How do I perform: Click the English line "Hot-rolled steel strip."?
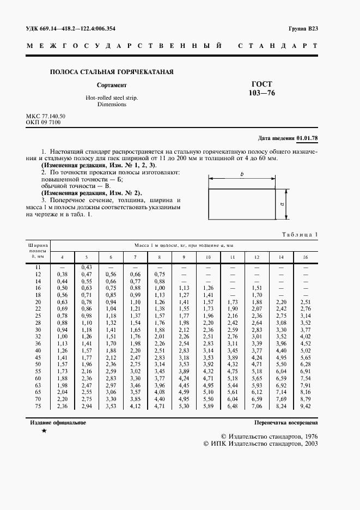click(x=112, y=98)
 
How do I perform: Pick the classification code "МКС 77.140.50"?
click(x=46, y=117)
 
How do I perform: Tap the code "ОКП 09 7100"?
click(x=44, y=123)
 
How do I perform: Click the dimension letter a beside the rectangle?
click(x=284, y=204)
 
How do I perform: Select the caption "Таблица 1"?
click(x=299, y=234)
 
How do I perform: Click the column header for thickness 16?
click(x=306, y=257)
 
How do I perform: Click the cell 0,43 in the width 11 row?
click(x=86, y=266)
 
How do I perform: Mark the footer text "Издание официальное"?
click(x=56, y=422)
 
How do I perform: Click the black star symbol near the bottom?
click(x=44, y=432)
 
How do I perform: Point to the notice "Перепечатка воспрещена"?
click(x=286, y=422)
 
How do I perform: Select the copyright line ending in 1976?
click(x=269, y=436)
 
